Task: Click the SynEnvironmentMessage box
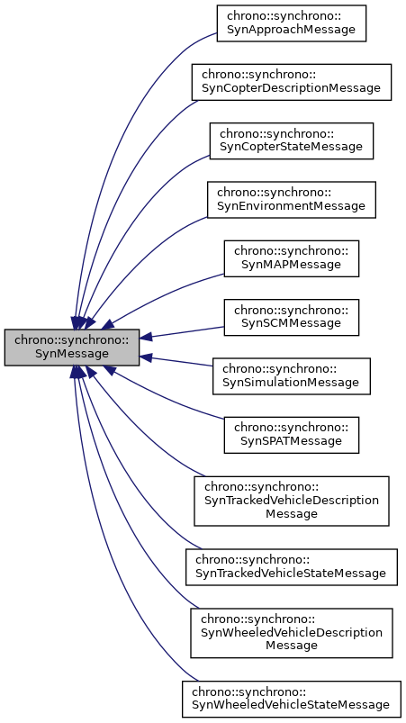(x=291, y=198)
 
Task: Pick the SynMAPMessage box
(x=291, y=258)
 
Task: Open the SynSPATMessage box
(x=291, y=433)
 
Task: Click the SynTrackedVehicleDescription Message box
(x=291, y=500)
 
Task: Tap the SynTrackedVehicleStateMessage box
(x=291, y=565)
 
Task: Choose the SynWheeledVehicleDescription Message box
(x=291, y=632)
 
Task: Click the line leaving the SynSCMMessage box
(x=185, y=332)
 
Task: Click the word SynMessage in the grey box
(x=72, y=354)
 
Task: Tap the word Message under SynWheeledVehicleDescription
(x=292, y=646)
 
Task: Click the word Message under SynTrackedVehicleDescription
(x=292, y=513)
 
